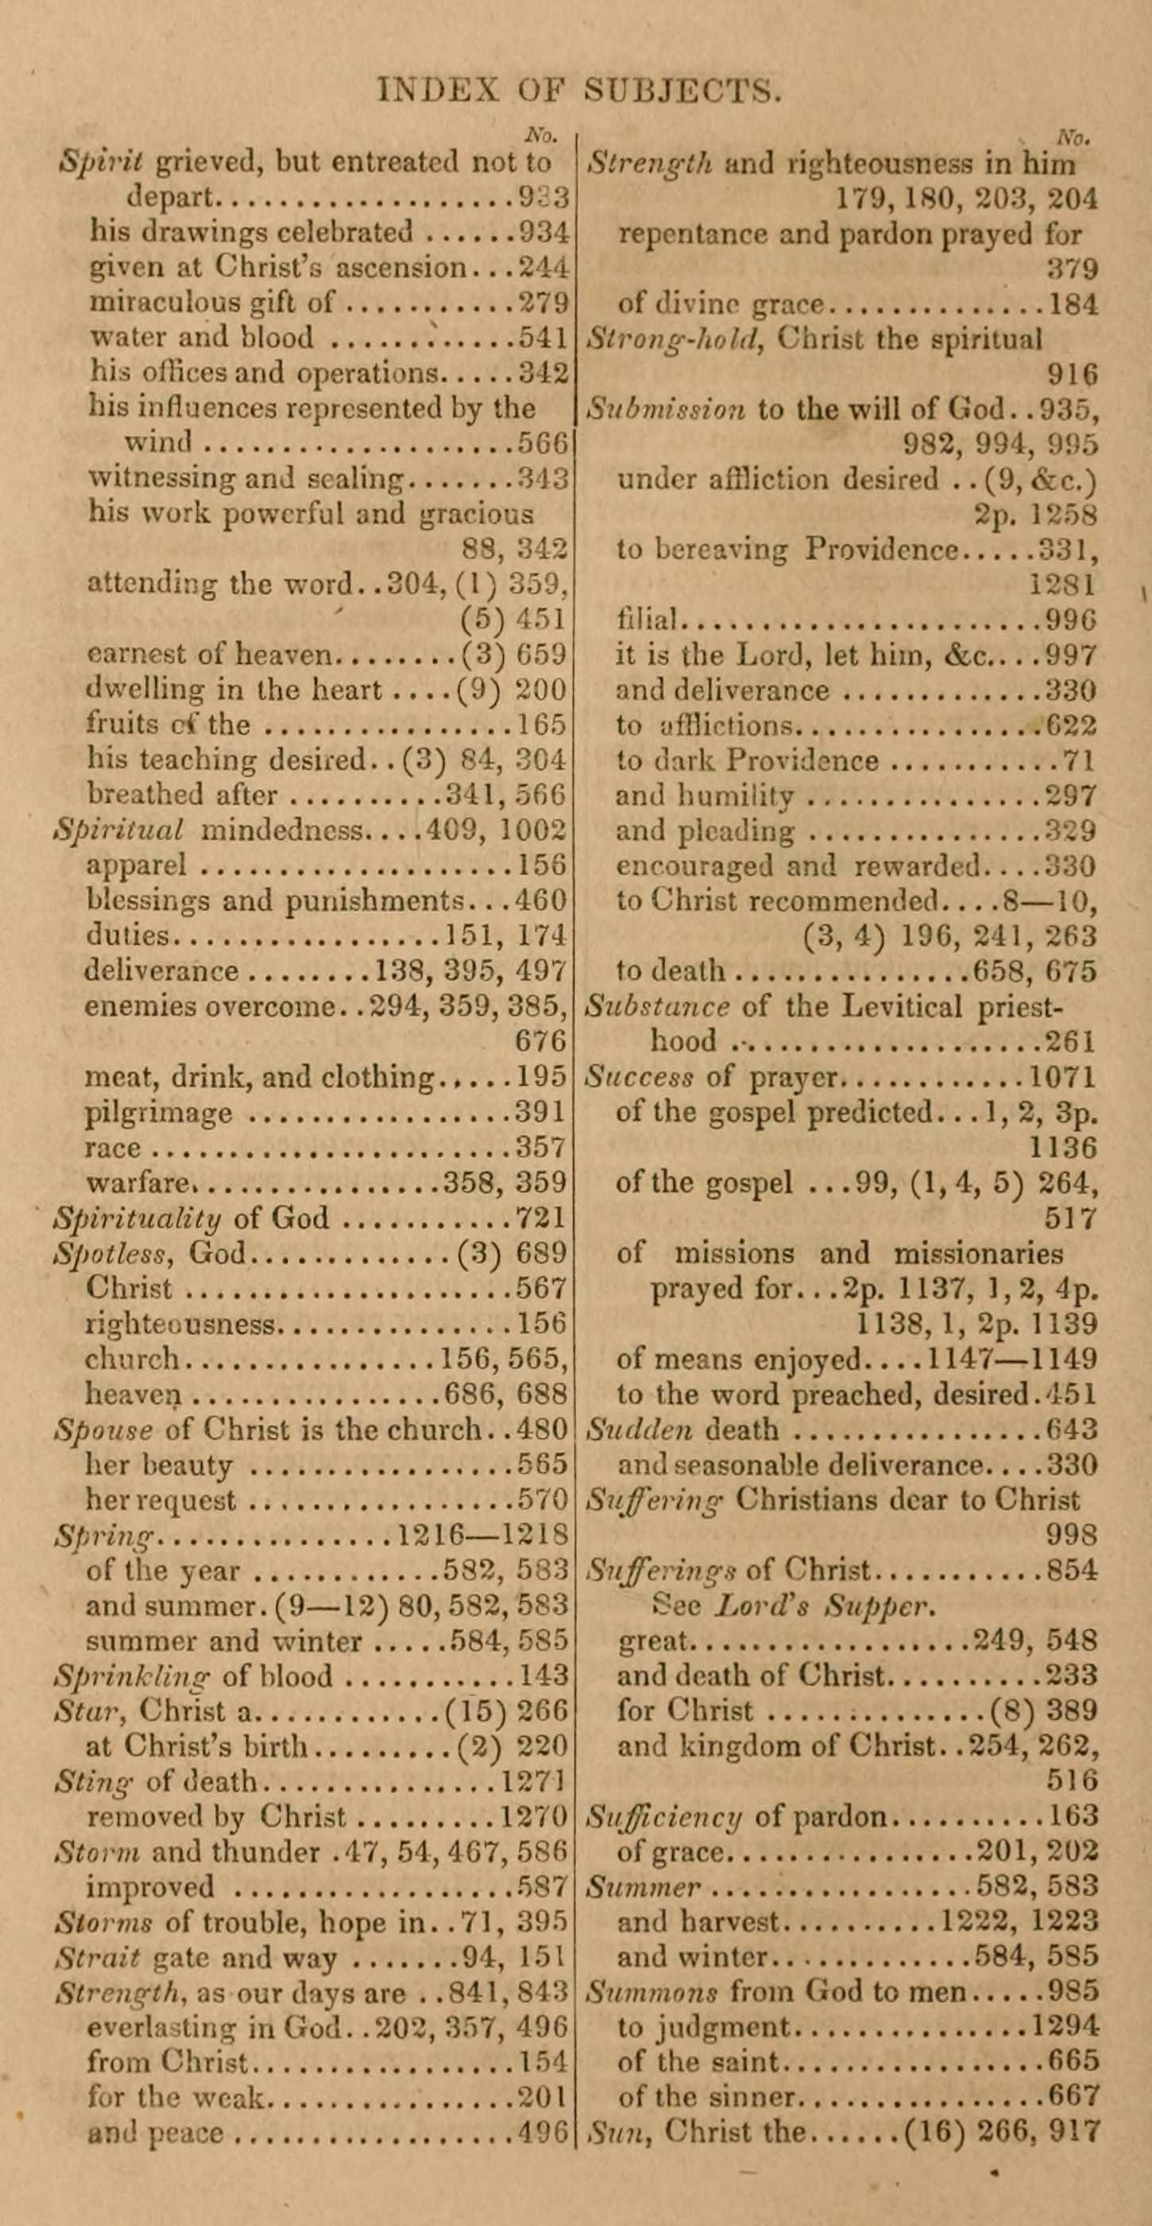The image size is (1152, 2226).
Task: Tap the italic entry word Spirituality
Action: (137, 1218)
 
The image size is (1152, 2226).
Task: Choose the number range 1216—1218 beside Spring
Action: (481, 1536)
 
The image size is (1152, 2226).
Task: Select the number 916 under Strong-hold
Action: (1072, 374)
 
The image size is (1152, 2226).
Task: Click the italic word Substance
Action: (658, 1007)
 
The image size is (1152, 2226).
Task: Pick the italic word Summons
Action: (651, 1993)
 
